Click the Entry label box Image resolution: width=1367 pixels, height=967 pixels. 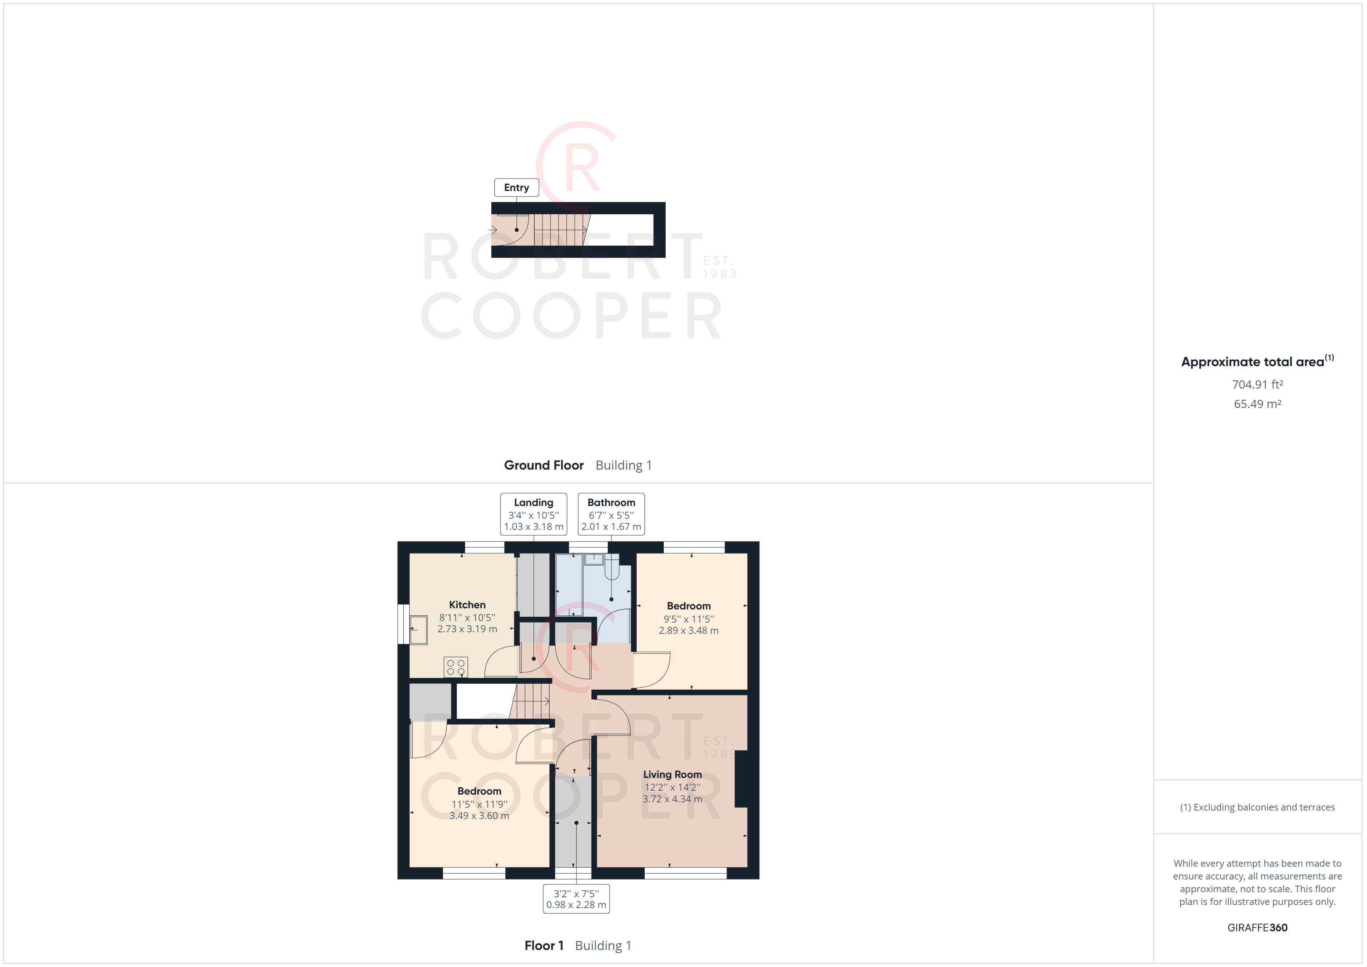[516, 188]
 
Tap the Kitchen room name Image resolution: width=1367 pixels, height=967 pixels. [467, 604]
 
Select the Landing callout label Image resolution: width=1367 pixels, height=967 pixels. [534, 514]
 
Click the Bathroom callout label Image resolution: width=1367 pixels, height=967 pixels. [611, 514]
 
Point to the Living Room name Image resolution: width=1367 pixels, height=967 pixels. [672, 774]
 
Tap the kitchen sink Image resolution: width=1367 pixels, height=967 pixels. [418, 630]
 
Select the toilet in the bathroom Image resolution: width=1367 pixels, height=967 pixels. [612, 566]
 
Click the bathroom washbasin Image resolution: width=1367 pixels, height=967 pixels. [594, 559]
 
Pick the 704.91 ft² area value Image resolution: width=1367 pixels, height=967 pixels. [1257, 385]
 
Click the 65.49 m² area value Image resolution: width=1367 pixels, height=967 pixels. [1257, 404]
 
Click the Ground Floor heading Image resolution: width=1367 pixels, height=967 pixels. [544, 465]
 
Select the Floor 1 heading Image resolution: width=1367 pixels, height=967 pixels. [544, 946]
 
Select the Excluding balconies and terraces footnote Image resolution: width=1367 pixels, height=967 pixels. [1257, 807]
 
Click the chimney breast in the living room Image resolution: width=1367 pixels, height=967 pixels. [741, 779]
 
